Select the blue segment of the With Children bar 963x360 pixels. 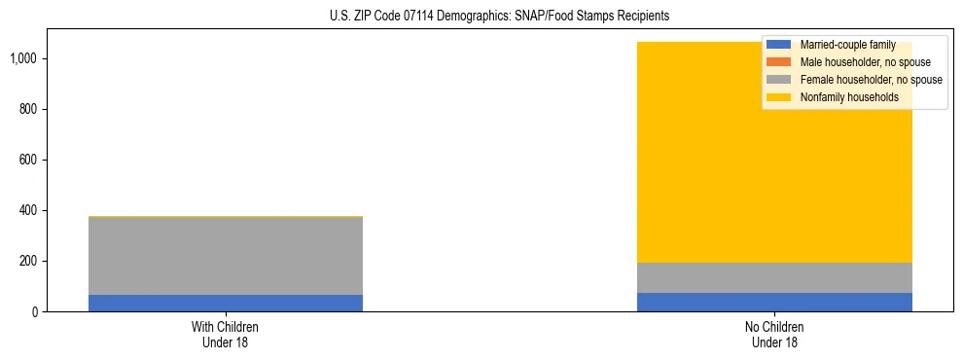point(225,303)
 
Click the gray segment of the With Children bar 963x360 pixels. point(225,256)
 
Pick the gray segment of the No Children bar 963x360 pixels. point(774,277)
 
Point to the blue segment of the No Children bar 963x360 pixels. point(774,302)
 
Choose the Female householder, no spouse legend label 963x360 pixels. point(871,80)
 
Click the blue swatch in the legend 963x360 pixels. point(779,45)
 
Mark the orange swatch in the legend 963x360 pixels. point(779,62)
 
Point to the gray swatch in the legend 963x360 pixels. point(779,80)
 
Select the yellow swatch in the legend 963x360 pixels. point(779,97)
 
